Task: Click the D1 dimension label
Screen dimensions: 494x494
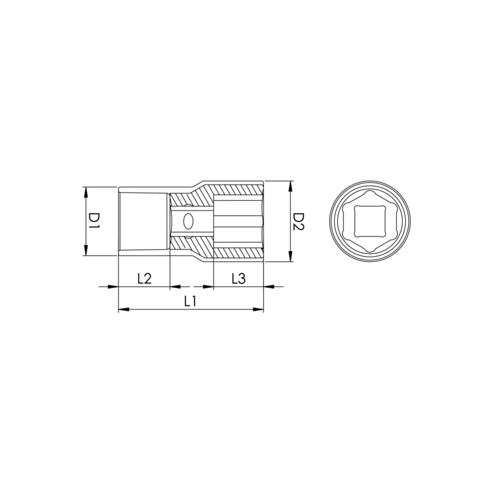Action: point(93,221)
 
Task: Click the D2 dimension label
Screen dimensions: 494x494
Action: point(298,221)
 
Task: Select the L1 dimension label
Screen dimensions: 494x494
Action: point(190,301)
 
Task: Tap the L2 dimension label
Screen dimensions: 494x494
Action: point(144,278)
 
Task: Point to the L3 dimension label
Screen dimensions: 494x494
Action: point(238,278)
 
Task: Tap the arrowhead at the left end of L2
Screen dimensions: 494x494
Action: point(113,287)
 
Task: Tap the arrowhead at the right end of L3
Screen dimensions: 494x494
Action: point(269,287)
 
